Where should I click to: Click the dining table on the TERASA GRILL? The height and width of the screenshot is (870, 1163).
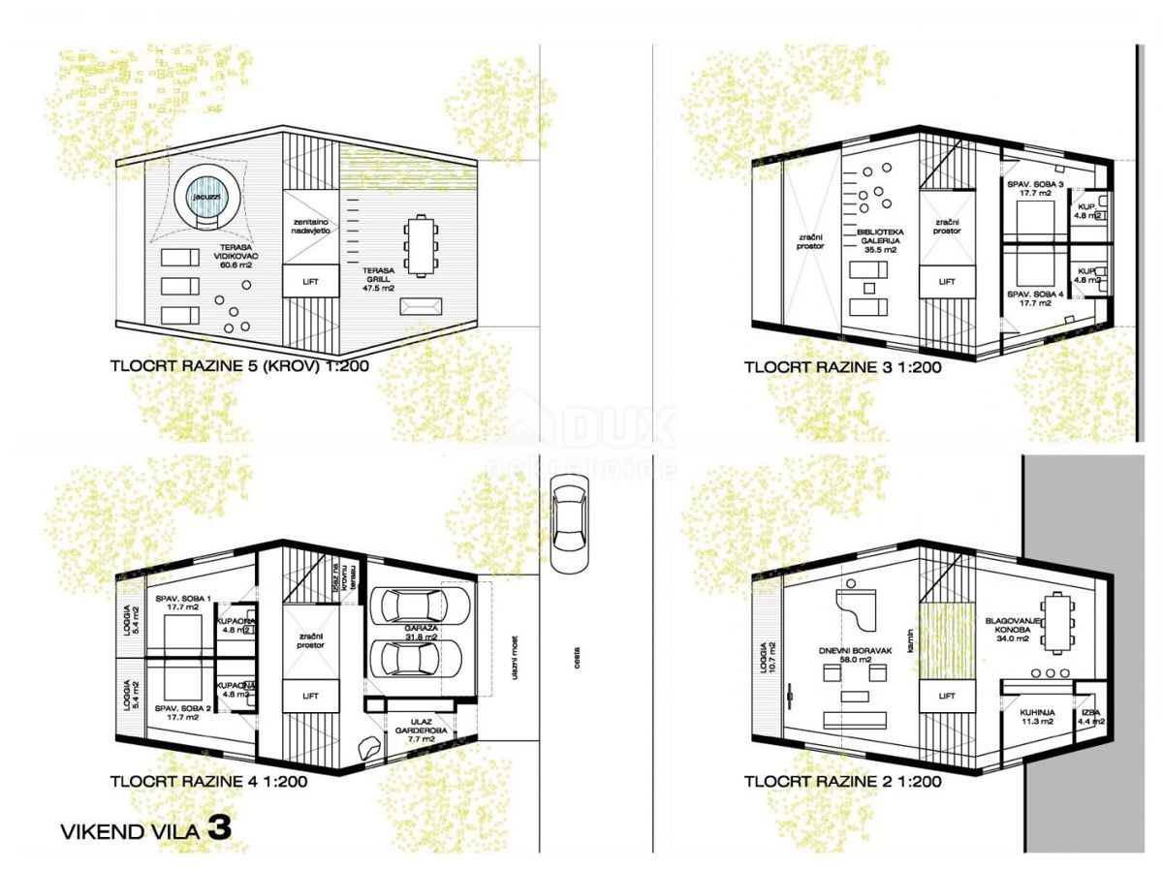click(421, 245)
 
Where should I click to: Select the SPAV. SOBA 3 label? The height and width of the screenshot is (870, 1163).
click(1034, 188)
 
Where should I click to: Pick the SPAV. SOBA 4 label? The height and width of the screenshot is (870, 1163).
click(1034, 297)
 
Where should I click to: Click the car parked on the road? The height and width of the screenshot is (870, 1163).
click(569, 526)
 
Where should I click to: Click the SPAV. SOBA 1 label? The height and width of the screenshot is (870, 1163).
click(180, 604)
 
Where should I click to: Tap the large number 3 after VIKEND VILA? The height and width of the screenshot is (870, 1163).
click(219, 828)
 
